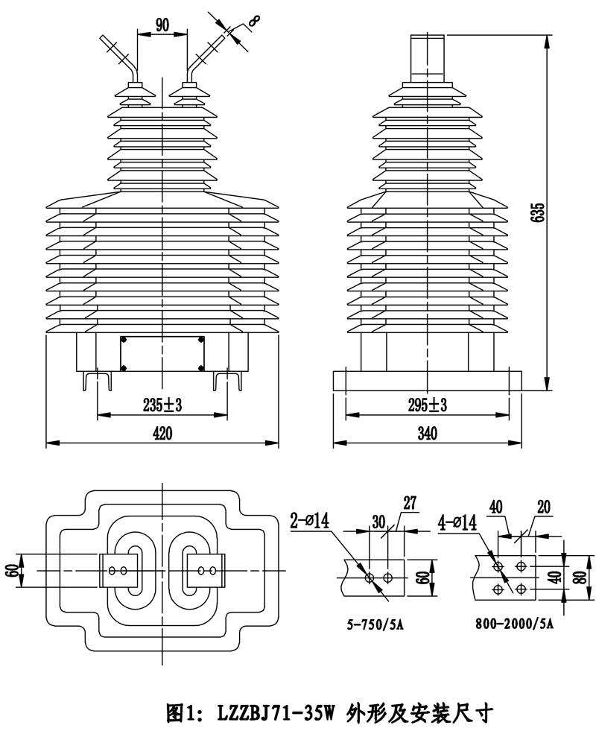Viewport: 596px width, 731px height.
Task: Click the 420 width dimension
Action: [x=162, y=434]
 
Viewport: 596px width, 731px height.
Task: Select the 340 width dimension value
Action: [x=427, y=434]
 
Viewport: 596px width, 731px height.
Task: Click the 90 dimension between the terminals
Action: [x=162, y=24]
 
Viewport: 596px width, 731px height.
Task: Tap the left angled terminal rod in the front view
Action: [x=124, y=57]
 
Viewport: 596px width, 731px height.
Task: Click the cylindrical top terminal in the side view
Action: [x=427, y=58]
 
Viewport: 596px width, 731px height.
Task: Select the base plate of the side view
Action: [x=427, y=380]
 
